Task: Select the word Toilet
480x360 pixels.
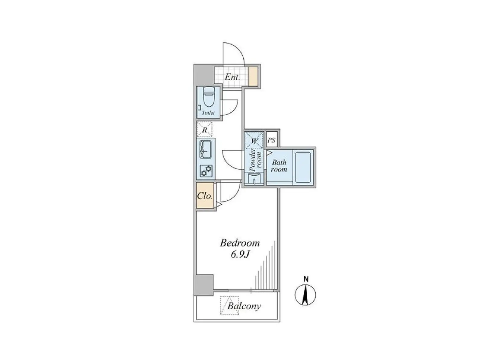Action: (208, 113)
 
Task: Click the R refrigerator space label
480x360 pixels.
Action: (204, 130)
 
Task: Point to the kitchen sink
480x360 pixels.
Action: (205, 149)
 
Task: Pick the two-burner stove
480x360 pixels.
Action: (206, 171)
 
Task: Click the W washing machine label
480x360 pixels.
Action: (254, 141)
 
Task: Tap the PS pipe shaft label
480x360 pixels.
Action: (271, 140)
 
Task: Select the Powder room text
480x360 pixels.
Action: (255, 160)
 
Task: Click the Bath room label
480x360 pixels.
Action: (279, 166)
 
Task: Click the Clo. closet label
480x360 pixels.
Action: (205, 196)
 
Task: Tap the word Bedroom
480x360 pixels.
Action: (240, 243)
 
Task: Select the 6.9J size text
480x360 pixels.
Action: (240, 255)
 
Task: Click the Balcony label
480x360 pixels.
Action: (244, 306)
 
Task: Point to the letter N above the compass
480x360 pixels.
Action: (306, 279)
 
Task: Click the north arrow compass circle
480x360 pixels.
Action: (305, 295)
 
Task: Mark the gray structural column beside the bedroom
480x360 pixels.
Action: (204, 285)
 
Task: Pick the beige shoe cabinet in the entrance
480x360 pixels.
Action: (253, 76)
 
